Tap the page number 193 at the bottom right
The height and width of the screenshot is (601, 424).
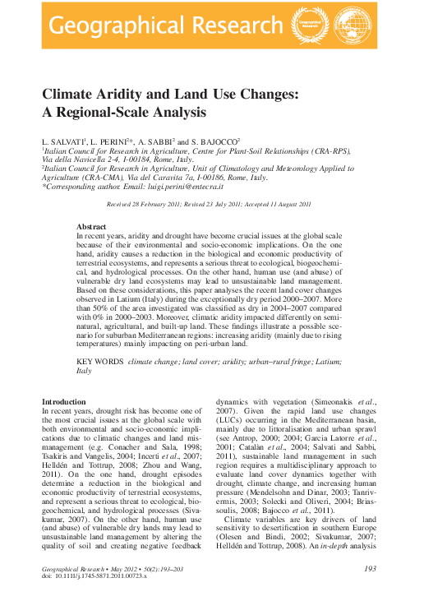[x=368, y=569]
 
